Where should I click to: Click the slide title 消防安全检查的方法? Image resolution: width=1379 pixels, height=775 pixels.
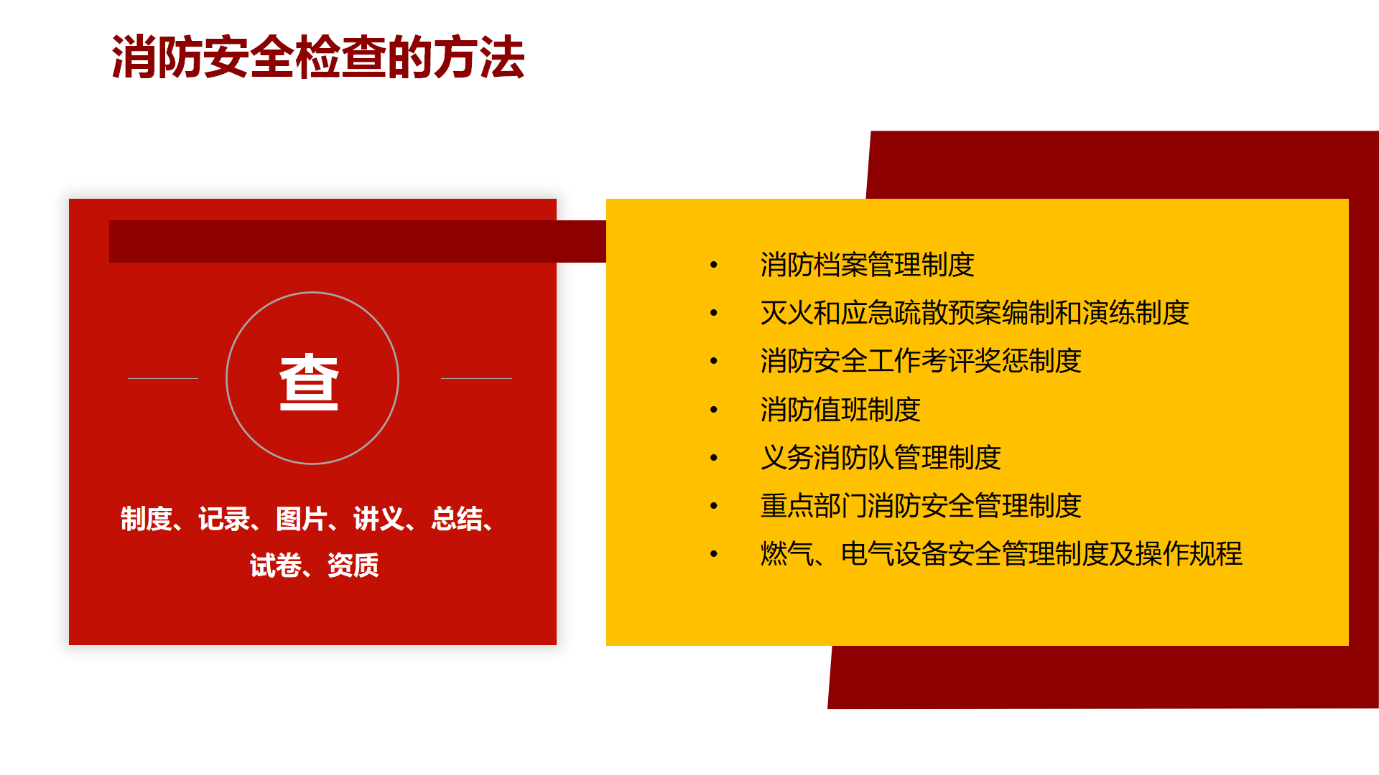pyautogui.click(x=318, y=57)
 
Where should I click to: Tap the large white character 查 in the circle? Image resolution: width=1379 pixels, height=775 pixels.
pyautogui.click(x=309, y=382)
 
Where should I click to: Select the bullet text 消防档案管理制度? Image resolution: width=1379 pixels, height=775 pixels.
pyautogui.click(x=867, y=265)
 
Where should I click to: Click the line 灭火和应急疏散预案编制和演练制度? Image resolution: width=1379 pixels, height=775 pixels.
pyautogui.click(x=975, y=313)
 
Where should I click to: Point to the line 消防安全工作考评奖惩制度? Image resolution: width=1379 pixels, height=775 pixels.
pyautogui.click(x=921, y=361)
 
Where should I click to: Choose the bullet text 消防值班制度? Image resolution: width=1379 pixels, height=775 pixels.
pyautogui.click(x=840, y=410)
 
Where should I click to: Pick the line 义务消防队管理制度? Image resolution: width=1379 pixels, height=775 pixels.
pyautogui.click(x=881, y=458)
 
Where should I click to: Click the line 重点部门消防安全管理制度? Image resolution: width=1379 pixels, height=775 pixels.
pyautogui.click(x=921, y=506)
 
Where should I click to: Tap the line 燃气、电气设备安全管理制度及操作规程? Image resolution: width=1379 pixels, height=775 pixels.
pyautogui.click(x=1001, y=554)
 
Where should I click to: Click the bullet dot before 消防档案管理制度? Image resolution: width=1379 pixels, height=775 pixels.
pyautogui.click(x=713, y=265)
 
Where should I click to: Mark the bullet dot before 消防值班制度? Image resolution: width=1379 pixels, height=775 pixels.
pyautogui.click(x=713, y=410)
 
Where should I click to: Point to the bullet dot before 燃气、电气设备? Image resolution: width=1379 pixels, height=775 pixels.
pyautogui.click(x=713, y=554)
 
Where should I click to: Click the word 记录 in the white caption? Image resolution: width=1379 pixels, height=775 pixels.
pyautogui.click(x=224, y=519)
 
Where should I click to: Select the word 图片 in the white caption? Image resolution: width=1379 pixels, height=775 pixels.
pyautogui.click(x=302, y=519)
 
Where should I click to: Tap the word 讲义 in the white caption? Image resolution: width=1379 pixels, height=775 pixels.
pyautogui.click(x=379, y=519)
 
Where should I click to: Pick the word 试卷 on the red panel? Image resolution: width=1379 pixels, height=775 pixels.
pyautogui.click(x=276, y=565)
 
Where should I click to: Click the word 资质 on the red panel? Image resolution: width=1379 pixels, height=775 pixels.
pyautogui.click(x=353, y=565)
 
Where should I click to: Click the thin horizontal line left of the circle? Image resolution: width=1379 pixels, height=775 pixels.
pyautogui.click(x=163, y=378)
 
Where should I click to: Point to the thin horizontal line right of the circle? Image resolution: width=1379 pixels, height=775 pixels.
pyautogui.click(x=476, y=378)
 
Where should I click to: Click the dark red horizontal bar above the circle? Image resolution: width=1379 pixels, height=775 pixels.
pyautogui.click(x=358, y=241)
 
